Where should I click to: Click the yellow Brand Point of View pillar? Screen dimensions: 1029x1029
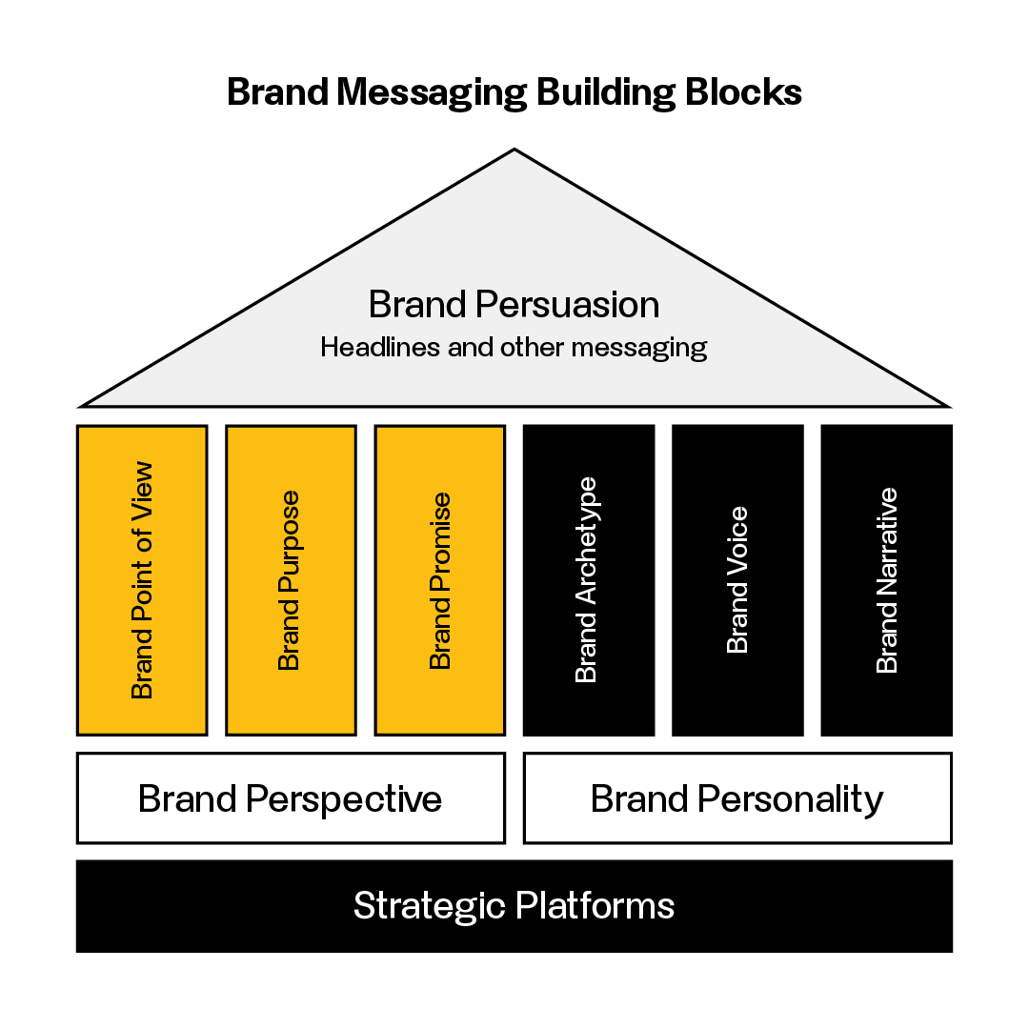pos(142,580)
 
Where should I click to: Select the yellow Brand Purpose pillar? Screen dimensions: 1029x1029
pos(292,580)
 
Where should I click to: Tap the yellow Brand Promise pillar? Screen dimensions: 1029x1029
pos(440,580)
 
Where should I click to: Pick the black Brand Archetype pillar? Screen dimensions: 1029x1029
pos(589,580)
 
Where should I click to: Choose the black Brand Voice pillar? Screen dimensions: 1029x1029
pos(737,580)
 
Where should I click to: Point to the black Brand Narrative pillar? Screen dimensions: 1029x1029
pos(887,580)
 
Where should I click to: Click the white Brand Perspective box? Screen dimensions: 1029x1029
pos(292,798)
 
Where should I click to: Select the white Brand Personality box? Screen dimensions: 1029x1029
pos(737,798)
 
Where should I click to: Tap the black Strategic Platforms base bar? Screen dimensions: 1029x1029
pos(514,906)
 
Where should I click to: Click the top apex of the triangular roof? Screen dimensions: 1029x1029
pos(514,150)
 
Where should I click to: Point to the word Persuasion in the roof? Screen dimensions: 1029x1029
pos(568,305)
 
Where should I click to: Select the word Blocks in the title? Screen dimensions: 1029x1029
pos(743,91)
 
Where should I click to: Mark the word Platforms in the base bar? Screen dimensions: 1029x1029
pos(595,906)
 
